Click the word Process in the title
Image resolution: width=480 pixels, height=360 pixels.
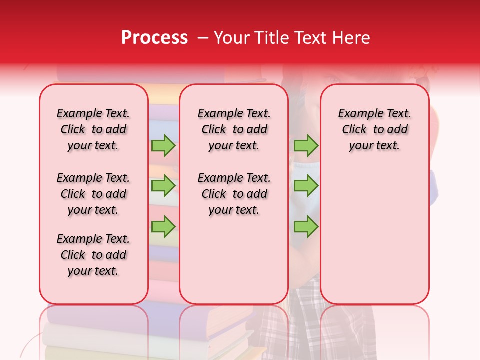click(154, 37)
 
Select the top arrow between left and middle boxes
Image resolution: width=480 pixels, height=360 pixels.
click(163, 145)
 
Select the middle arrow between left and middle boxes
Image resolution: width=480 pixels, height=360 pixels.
click(163, 186)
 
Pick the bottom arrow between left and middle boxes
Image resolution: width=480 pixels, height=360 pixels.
click(163, 226)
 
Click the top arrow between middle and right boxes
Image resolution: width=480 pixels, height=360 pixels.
click(306, 145)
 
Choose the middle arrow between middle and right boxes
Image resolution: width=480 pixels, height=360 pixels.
click(306, 186)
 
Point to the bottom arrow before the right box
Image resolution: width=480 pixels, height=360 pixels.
click(306, 226)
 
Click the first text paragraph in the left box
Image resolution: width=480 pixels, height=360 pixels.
click(93, 129)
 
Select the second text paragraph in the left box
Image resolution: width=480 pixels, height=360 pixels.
click(93, 194)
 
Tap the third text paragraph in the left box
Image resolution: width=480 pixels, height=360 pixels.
click(93, 255)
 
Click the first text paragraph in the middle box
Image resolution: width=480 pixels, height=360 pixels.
click(234, 129)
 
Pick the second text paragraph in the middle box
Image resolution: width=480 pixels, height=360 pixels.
click(234, 194)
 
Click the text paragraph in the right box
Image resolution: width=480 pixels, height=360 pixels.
click(374, 129)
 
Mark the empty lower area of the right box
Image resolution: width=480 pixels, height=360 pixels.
click(374, 235)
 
